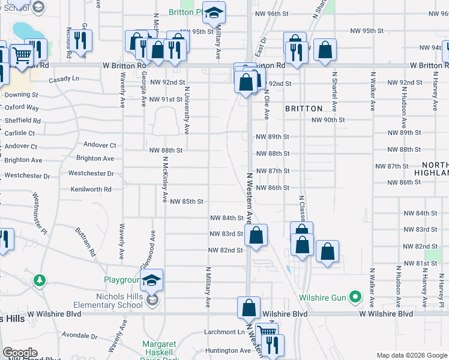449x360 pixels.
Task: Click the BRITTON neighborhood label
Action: pyautogui.click(x=303, y=109)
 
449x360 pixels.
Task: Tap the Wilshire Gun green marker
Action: pyautogui.click(x=355, y=296)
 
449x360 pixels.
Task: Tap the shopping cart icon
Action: pyautogui.click(x=22, y=56)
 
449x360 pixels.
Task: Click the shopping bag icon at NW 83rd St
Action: pyautogui.click(x=256, y=235)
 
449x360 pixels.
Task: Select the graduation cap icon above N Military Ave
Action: pyautogui.click(x=213, y=13)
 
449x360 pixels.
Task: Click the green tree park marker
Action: pyautogui.click(x=40, y=280)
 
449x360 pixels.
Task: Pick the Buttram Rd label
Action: pyautogui.click(x=86, y=241)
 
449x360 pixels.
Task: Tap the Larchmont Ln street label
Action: pyautogui.click(x=220, y=332)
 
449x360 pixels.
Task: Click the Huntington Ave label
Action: pyautogui.click(x=228, y=350)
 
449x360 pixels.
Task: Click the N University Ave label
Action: pyautogui.click(x=187, y=111)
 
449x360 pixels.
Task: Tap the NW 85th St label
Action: pyautogui.click(x=187, y=202)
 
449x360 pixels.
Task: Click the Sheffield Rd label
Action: pyautogui.click(x=22, y=120)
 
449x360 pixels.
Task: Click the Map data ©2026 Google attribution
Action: pyautogui.click(x=411, y=355)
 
